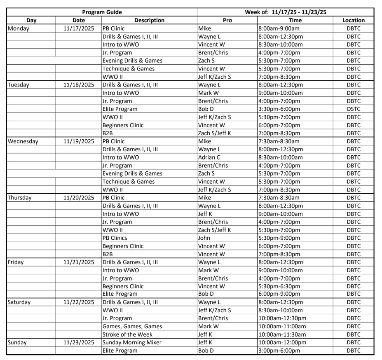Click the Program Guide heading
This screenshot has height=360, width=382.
[102, 12]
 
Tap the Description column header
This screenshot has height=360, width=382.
[149, 20]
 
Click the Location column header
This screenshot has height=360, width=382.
[353, 20]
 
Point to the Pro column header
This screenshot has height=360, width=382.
[227, 20]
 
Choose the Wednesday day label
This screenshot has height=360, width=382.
[23, 141]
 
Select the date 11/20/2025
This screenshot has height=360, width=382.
[79, 198]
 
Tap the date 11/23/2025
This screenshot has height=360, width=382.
[79, 343]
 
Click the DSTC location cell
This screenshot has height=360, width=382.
[353, 109]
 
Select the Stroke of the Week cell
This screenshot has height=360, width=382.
[128, 334]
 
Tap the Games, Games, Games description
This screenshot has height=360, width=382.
[132, 327]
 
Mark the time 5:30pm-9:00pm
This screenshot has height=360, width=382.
[279, 238]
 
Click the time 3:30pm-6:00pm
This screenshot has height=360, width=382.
[279, 109]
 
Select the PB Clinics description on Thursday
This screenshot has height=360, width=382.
[115, 238]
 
